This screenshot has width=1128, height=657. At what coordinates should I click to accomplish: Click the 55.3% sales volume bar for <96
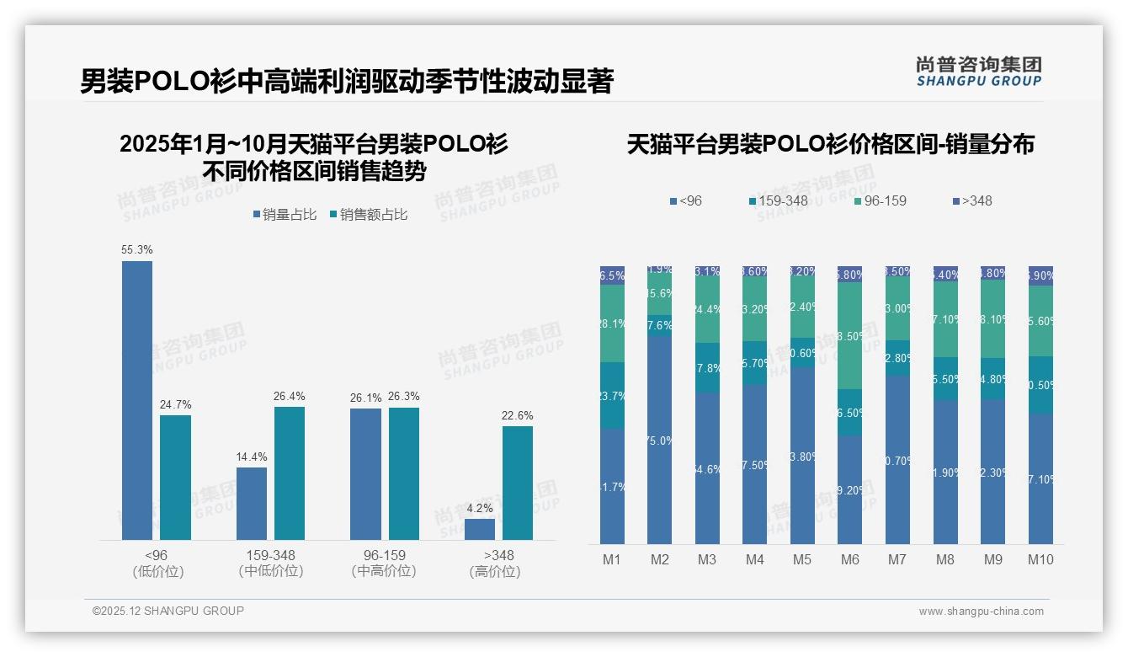coord(137,400)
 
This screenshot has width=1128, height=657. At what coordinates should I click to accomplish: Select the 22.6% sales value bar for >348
coord(518,483)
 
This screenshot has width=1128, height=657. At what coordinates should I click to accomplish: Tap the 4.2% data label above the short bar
coord(479,508)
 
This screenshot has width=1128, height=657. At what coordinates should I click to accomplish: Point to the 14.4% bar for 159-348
coord(252,503)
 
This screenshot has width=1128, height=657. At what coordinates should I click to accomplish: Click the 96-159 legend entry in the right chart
coord(880,201)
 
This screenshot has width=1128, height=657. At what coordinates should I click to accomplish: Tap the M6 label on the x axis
coord(850,559)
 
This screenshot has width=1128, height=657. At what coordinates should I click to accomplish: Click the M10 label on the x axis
coord(1040,559)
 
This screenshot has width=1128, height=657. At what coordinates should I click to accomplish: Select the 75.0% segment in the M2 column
coord(660,440)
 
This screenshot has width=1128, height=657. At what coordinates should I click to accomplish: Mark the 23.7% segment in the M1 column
coord(612,396)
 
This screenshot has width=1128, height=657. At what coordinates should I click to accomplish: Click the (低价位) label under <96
coord(157,571)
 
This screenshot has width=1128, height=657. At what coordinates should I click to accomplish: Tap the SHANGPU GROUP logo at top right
coord(979,72)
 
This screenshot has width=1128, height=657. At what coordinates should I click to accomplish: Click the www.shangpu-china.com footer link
coord(981,612)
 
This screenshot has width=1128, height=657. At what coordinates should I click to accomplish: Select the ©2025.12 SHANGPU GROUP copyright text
coord(168,611)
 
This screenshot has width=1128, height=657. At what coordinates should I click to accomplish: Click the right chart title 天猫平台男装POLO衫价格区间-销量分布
coord(830,145)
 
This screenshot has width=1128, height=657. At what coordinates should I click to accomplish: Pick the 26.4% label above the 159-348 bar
coord(290,397)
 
